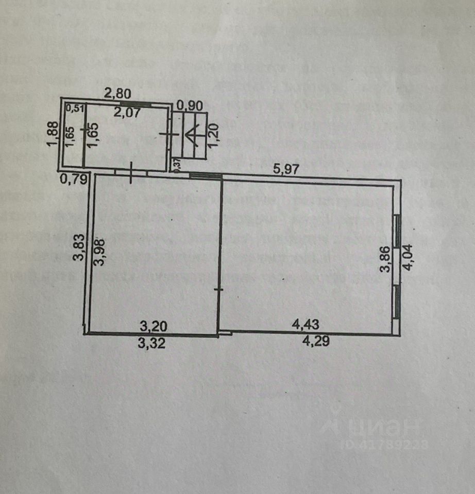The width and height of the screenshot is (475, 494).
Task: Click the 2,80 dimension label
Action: pos(118,94)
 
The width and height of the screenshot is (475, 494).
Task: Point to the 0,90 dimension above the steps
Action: pos(190,105)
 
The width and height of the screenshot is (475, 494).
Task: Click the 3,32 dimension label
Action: pos(153,345)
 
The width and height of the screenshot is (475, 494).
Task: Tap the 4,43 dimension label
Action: pos(306,325)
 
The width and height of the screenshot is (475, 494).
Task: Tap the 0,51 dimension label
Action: pos(74,108)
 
